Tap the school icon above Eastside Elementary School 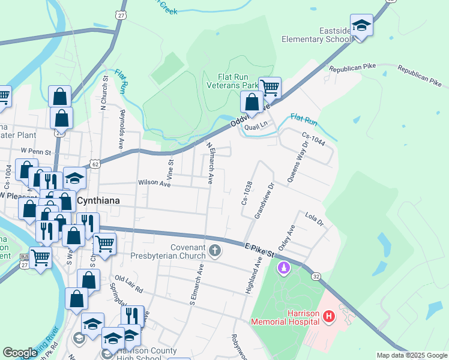361,26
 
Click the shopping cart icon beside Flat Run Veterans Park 270,88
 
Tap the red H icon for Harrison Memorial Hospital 328,316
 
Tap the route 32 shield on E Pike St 315,276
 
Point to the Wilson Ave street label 155,184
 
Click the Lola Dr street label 314,218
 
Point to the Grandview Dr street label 265,201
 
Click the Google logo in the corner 20,353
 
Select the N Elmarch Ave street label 211,163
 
